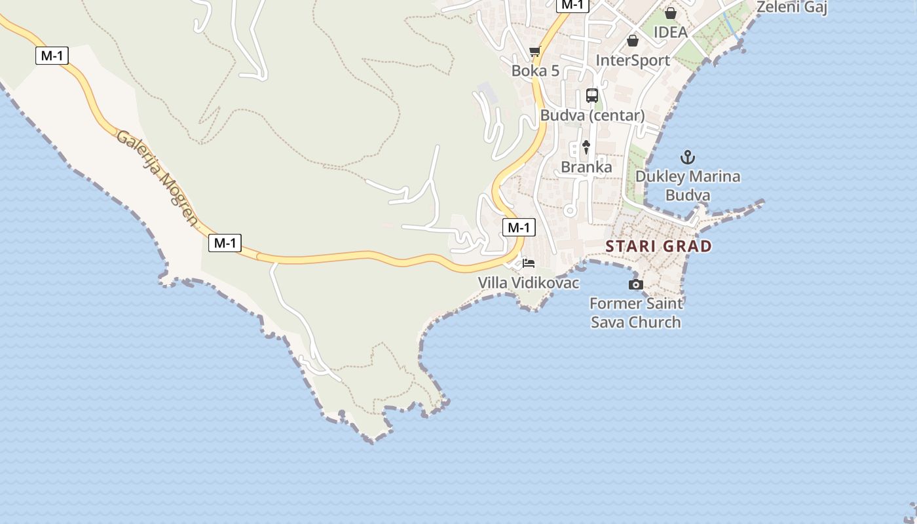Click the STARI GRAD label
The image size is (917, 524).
point(658,246)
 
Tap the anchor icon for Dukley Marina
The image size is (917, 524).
point(687,157)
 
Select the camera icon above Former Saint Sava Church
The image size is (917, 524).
point(635,284)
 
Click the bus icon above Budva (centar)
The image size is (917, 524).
point(592,96)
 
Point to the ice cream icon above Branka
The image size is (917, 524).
point(586,147)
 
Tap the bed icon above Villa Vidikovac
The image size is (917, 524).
point(529,263)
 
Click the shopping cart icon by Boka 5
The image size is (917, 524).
point(535,52)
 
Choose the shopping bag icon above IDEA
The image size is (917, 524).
point(670,13)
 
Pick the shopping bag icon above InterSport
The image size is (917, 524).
point(633,41)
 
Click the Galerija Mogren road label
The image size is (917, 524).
point(157,178)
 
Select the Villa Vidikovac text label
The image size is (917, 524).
point(529,283)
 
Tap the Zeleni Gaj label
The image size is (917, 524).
point(791,8)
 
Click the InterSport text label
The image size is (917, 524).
point(633,60)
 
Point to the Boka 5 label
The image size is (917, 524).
point(535,71)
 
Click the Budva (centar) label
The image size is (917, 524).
point(592,115)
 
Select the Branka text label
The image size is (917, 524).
point(586,167)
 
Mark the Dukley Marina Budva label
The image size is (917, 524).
point(688,185)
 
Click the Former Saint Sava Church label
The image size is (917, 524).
point(635,312)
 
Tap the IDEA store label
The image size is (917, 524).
point(670,32)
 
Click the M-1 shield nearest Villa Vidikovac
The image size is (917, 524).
point(519,227)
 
